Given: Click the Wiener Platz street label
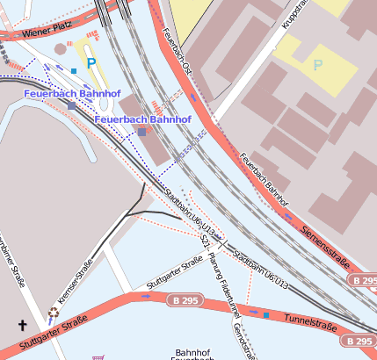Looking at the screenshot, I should pyautogui.click(x=45, y=32).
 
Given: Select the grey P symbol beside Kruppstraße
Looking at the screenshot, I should pyautogui.click(x=317, y=65).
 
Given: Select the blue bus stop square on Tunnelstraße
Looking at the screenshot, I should pyautogui.click(x=265, y=313).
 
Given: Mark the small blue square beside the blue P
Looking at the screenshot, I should pyautogui.click(x=74, y=70).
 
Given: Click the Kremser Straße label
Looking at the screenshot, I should pyautogui.click(x=75, y=280).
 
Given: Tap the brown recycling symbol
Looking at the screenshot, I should pyautogui.click(x=54, y=311).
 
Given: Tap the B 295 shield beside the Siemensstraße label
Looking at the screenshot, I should pyautogui.click(x=364, y=279).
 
